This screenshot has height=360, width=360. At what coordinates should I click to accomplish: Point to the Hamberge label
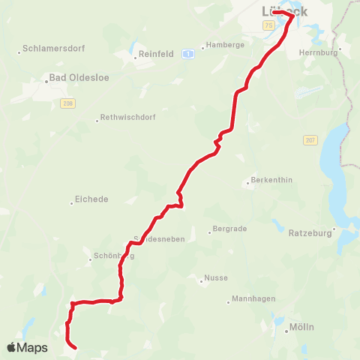tap(226, 45)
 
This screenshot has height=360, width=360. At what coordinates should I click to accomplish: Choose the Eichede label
tap(92, 200)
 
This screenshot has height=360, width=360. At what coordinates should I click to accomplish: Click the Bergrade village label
tap(229, 229)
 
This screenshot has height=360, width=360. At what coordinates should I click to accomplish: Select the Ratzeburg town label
tap(310, 233)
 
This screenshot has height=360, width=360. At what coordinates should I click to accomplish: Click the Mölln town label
tap(302, 328)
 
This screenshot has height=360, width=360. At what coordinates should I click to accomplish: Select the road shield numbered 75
tap(268, 25)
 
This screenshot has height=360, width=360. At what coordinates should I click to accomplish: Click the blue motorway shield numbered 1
tap(187, 53)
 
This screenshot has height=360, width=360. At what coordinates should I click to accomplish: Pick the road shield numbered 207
tap(310, 140)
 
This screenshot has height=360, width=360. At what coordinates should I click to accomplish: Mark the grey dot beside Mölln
tap(287, 328)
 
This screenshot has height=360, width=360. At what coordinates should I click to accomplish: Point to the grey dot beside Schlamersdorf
tap(19, 52)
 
